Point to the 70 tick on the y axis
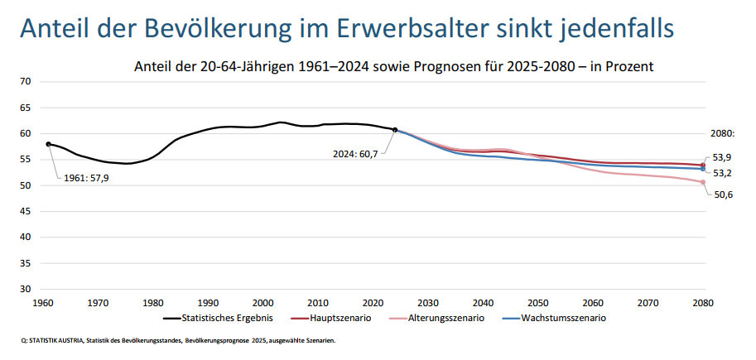(26, 81)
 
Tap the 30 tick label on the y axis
(26, 290)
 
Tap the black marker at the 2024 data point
(395, 130)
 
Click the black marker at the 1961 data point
(49, 144)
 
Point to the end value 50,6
(724, 194)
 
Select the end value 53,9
(724, 156)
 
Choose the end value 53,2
(724, 173)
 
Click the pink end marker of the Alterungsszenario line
(703, 182)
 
